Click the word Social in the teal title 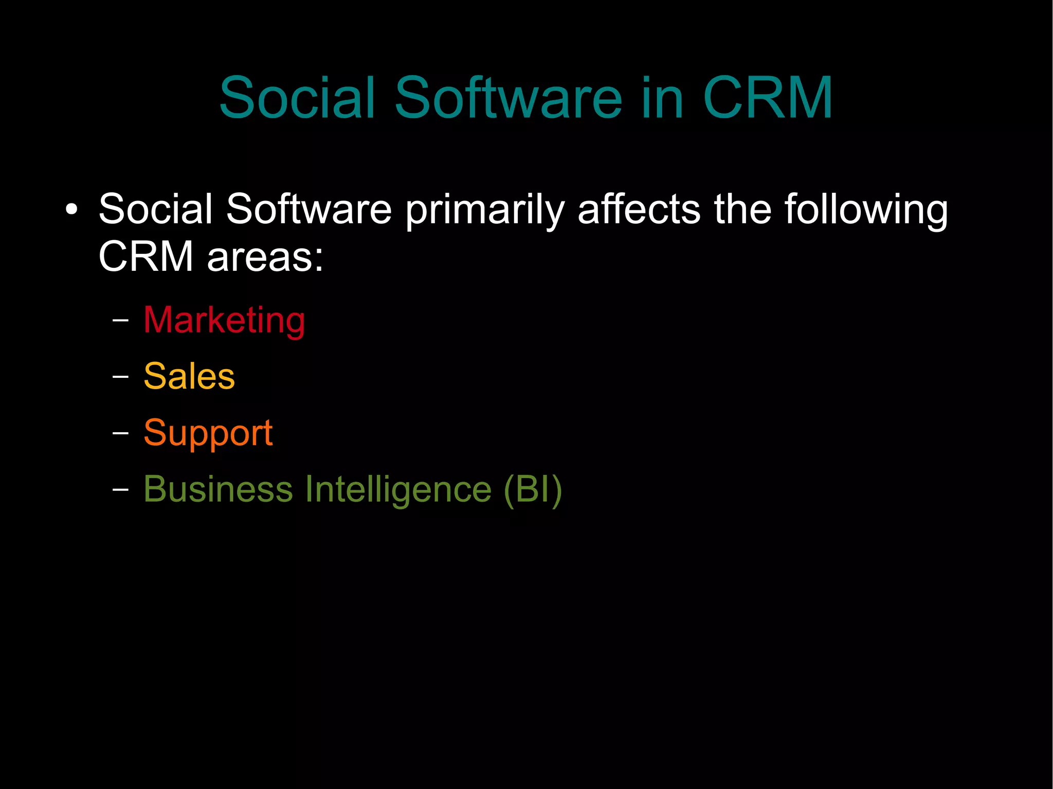(x=297, y=98)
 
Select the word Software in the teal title (x=509, y=98)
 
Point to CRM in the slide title (x=767, y=98)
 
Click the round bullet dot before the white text (x=71, y=209)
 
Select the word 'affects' (x=639, y=209)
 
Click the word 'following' (x=866, y=210)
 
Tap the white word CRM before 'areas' (x=146, y=256)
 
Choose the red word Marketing (x=224, y=321)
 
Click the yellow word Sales (x=189, y=376)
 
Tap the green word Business (x=218, y=489)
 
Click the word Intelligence (x=398, y=490)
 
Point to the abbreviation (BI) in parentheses (x=533, y=490)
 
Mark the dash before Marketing (x=120, y=321)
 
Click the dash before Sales (x=120, y=377)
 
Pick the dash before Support (x=120, y=433)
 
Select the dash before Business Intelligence (x=120, y=489)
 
